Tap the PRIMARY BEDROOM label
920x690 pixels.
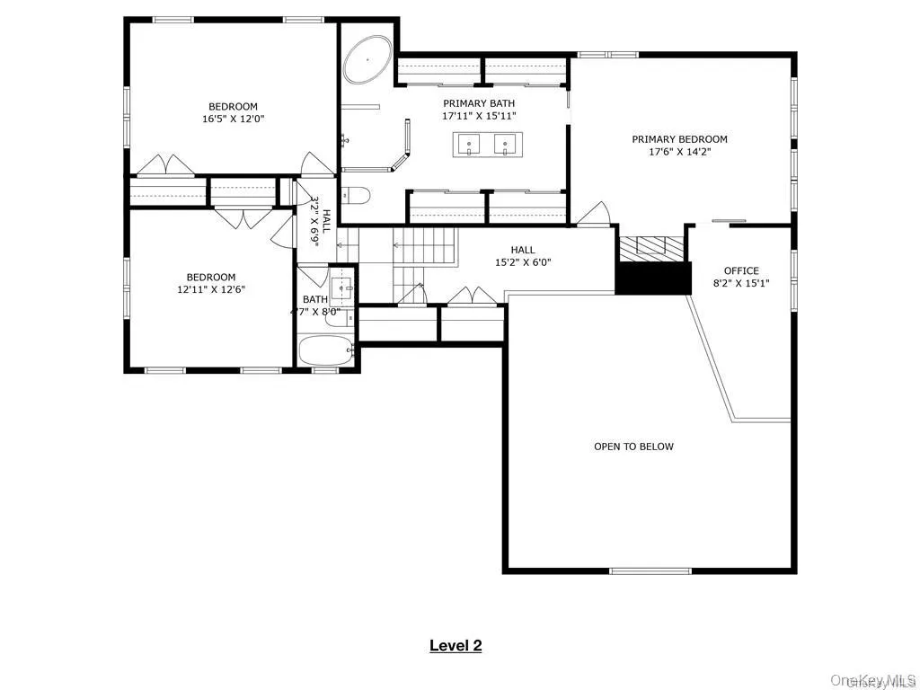(x=679, y=139)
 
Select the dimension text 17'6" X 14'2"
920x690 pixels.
(x=679, y=153)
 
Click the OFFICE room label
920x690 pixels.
(x=741, y=270)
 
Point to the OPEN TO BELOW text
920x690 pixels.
(x=633, y=447)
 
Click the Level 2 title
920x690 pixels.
(x=456, y=645)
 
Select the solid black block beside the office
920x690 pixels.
(x=653, y=278)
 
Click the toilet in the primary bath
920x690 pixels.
(x=356, y=197)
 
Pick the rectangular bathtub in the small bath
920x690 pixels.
(x=327, y=350)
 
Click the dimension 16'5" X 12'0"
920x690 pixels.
(x=234, y=119)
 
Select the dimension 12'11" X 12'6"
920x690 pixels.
(x=211, y=289)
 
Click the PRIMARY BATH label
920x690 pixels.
(x=479, y=103)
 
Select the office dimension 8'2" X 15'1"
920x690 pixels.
(x=741, y=283)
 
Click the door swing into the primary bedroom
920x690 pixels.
(x=595, y=214)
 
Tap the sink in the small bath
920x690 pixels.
(x=341, y=287)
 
